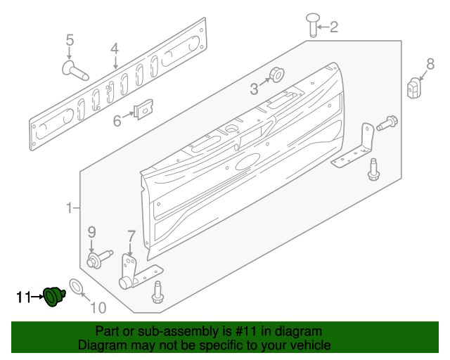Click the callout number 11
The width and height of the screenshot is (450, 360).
point(23,297)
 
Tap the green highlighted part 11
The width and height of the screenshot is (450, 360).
point(53,297)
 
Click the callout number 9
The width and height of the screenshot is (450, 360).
point(91,231)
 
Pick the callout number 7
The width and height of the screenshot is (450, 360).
point(131,235)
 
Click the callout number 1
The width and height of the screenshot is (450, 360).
point(70,207)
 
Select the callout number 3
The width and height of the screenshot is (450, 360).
point(254,89)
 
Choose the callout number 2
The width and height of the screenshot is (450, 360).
point(333,28)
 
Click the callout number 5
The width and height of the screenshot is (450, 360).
point(70,40)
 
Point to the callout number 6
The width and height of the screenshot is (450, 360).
point(117,121)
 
